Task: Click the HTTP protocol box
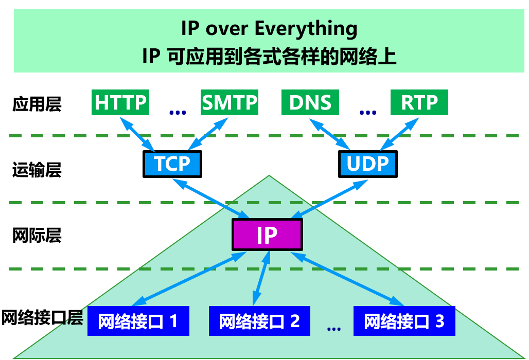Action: tap(121, 103)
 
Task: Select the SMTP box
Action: tap(230, 103)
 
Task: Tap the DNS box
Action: tap(310, 103)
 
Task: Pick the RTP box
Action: tap(419, 103)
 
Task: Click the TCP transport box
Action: tap(172, 164)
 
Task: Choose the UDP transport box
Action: tap(367, 164)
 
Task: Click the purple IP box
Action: tap(267, 235)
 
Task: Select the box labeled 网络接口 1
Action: tap(138, 321)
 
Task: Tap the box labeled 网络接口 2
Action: tap(260, 321)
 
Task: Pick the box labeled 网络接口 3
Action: tap(404, 321)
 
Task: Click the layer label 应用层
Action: tap(37, 104)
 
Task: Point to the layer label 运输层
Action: tap(37, 169)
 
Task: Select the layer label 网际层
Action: tap(37, 236)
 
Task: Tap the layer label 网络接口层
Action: tap(42, 318)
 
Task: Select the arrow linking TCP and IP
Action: tap(211, 198)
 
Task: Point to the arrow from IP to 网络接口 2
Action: tap(260, 278)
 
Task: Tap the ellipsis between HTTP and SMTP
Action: tap(177, 111)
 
